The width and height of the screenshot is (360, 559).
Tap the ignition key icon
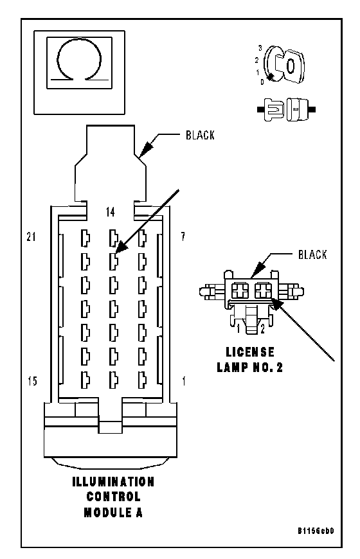285,64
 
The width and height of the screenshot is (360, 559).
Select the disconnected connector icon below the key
286,109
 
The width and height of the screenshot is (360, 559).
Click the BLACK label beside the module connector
200,135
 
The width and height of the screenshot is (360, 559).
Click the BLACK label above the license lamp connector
312,254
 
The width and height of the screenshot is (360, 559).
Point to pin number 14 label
111,212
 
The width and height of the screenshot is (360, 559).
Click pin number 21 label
32,236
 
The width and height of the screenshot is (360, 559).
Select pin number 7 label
183,236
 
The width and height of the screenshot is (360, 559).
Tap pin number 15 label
32,381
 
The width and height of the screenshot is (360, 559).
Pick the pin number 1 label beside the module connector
184,381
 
